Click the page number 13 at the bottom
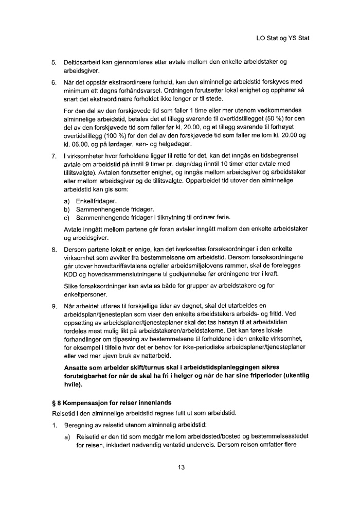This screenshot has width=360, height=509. pyautogui.click(x=181, y=467)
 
